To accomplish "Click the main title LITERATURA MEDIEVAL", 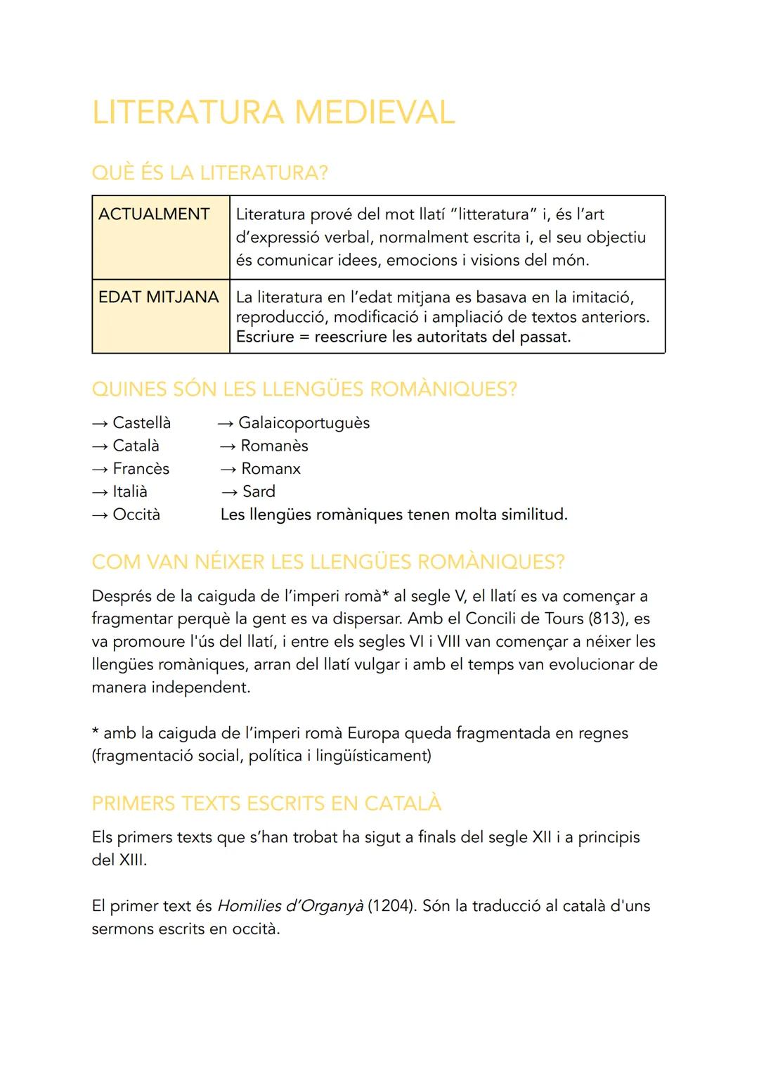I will (273, 112).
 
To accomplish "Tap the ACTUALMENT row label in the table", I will (154, 214).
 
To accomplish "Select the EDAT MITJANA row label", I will (159, 297).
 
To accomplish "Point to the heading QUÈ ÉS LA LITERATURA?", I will (209, 173).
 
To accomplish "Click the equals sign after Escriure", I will (304, 337).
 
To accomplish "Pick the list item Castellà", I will (141, 423).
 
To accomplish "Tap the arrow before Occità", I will (100, 515).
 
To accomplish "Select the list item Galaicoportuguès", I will (304, 423).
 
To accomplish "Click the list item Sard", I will (259, 492).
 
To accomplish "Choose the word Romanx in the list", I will (271, 469).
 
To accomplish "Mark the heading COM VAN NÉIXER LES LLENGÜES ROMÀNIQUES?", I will (328, 562).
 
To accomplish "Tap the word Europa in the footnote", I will (373, 733).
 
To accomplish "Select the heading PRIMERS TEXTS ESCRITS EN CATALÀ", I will (266, 803).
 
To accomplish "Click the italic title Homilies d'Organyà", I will (290, 906).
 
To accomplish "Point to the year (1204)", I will (391, 906).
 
